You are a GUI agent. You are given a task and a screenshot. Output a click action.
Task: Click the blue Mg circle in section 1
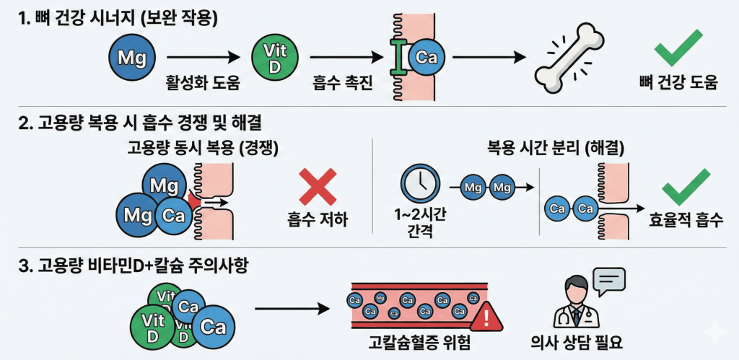coord(131,55)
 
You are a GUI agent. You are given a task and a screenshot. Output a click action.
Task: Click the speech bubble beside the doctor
coord(608,279)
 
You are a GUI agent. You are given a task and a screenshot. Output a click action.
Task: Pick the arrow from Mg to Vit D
coord(203,56)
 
